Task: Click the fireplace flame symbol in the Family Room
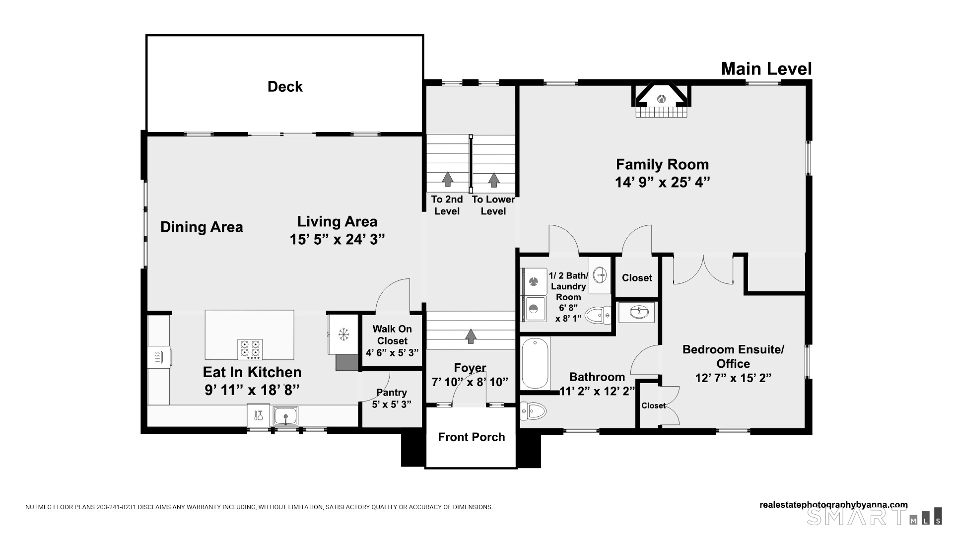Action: (x=661, y=99)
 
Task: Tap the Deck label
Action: (x=285, y=87)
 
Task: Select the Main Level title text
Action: (x=766, y=69)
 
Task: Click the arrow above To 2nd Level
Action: (x=448, y=179)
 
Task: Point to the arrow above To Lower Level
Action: (x=494, y=180)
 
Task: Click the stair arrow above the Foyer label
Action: (x=471, y=336)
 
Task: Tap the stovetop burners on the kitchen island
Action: (x=250, y=349)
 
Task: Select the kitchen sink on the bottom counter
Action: (x=285, y=415)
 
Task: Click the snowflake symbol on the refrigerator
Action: (x=343, y=335)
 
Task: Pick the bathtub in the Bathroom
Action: (x=535, y=363)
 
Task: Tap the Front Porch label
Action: (x=472, y=437)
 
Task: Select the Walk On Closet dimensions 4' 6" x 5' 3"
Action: (x=392, y=353)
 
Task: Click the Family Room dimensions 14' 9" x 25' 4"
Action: (x=663, y=183)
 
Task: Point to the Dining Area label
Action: (x=202, y=227)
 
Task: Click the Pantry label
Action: (x=392, y=393)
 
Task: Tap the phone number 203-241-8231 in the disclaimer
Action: (x=116, y=507)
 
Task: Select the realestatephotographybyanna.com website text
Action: (x=833, y=505)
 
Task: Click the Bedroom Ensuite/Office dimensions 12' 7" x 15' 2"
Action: (x=733, y=378)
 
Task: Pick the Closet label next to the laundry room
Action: (x=637, y=278)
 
